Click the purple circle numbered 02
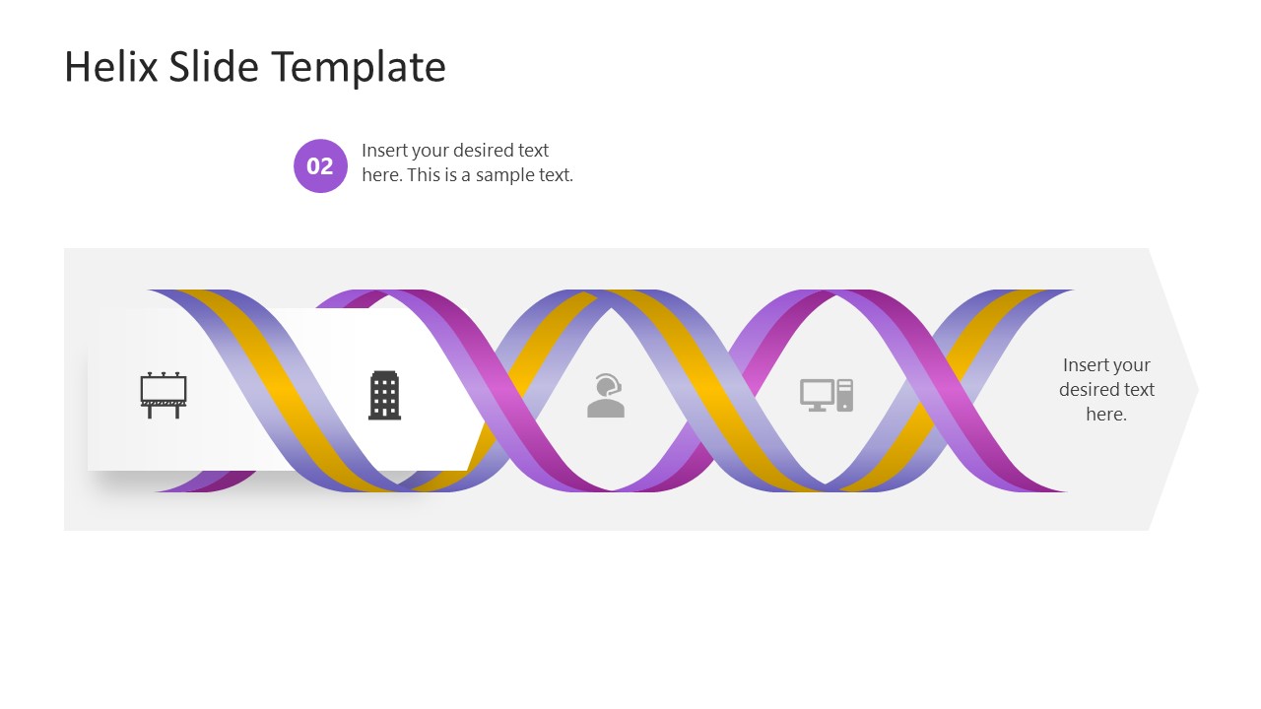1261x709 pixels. (x=320, y=165)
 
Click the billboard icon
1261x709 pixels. (x=163, y=395)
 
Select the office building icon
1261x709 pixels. (x=384, y=395)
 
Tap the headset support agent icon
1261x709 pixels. (x=606, y=395)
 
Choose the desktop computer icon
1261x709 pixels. (x=826, y=395)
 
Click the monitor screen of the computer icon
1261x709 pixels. (x=817, y=392)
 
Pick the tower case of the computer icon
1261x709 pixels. (x=845, y=395)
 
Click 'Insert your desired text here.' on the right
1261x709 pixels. (x=1106, y=389)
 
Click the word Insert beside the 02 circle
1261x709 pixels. (x=383, y=151)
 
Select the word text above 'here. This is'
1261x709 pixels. (x=533, y=151)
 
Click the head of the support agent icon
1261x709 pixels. (x=608, y=383)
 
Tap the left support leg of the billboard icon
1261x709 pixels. (x=150, y=412)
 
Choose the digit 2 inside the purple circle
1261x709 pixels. (x=327, y=165)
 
